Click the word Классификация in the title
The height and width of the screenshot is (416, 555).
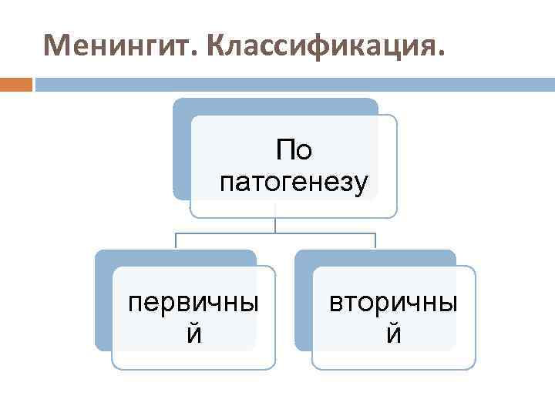point(324,45)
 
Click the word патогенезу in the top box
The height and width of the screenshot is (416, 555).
point(294,183)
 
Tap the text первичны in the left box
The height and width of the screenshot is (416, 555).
point(193,301)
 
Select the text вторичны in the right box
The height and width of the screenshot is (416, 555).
point(393,301)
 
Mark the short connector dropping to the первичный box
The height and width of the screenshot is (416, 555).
point(176,240)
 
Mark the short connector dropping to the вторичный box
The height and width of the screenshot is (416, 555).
point(375,240)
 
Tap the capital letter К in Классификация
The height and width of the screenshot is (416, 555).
point(214,45)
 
